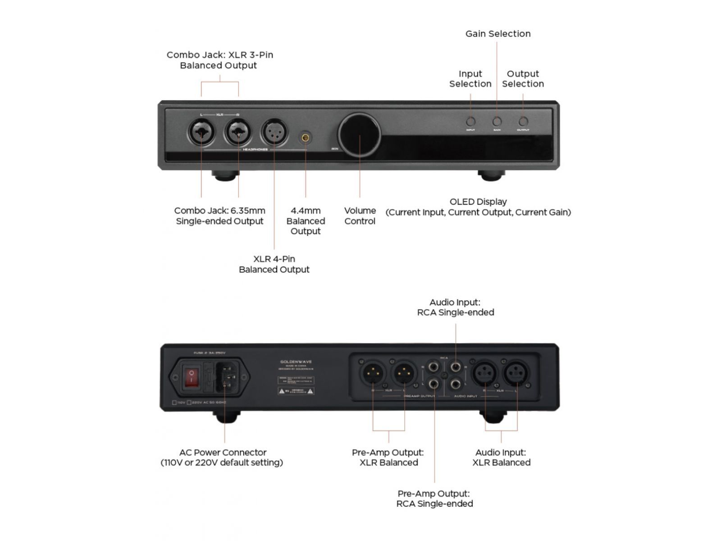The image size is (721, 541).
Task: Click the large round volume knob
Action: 360,134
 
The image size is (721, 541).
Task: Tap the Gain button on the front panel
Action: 497,122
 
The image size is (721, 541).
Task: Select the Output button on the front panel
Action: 523,122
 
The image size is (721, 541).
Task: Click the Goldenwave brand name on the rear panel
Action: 296,362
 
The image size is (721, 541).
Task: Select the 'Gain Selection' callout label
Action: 498,34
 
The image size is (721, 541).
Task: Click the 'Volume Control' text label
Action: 360,216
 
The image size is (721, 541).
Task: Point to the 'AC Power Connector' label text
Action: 223,452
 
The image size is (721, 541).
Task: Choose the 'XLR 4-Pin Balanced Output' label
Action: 274,264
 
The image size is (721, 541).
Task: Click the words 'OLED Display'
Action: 478,202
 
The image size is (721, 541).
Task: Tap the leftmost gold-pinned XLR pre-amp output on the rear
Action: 372,373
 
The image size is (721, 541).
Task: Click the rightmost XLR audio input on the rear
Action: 516,373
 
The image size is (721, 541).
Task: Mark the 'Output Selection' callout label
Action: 523,79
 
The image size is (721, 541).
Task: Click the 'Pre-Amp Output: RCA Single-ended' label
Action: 434,499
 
